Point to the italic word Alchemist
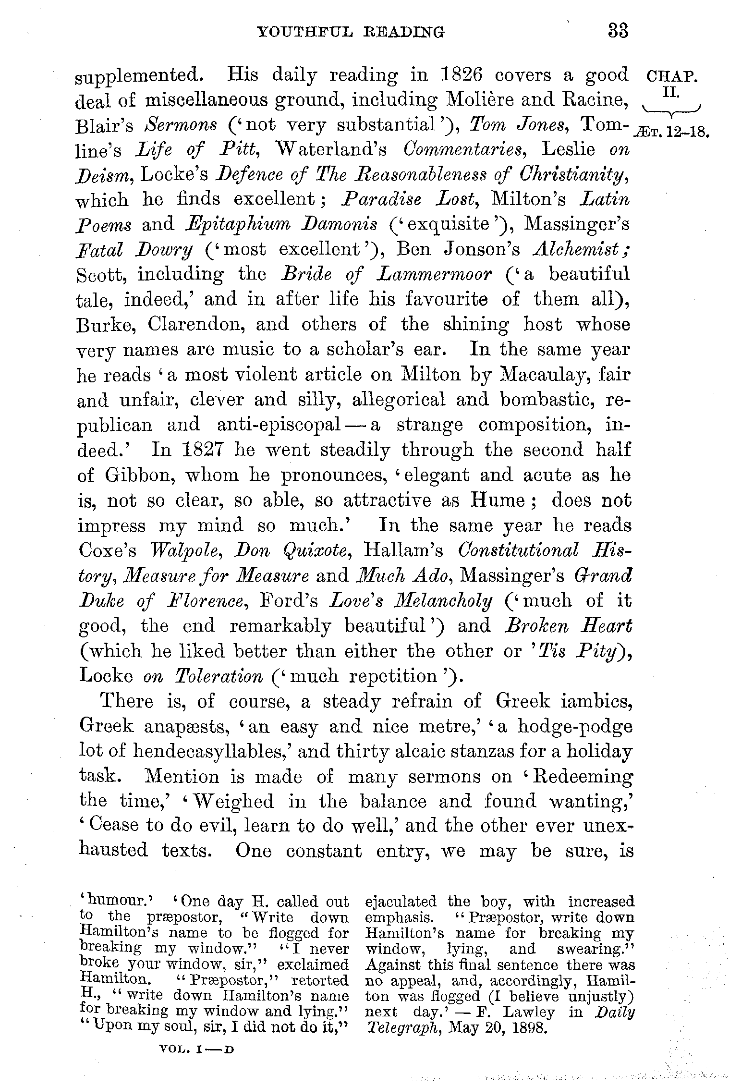tap(582, 249)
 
